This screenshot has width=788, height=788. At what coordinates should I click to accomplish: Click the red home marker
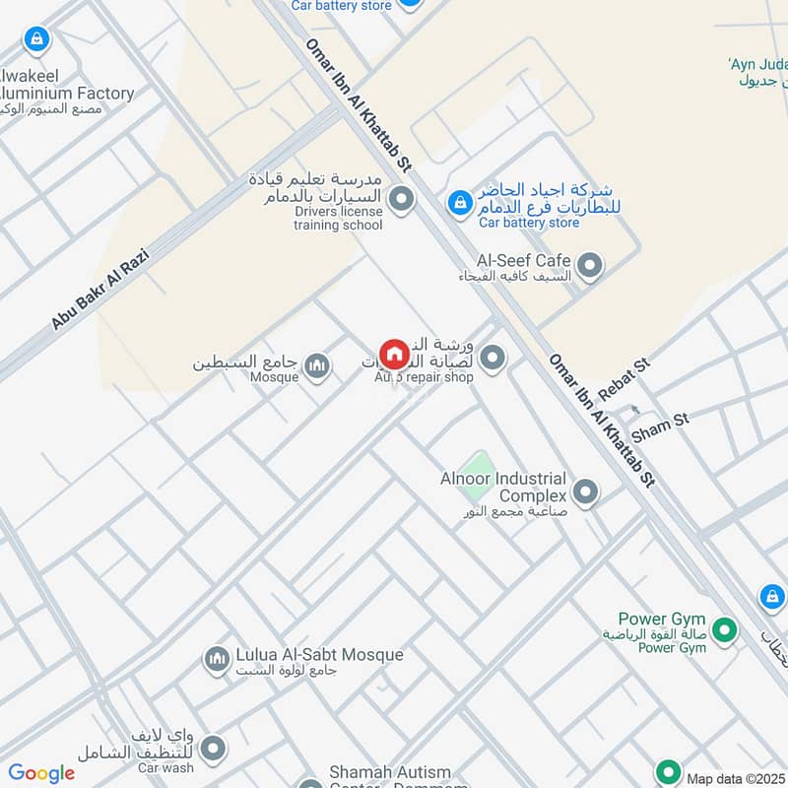click(393, 354)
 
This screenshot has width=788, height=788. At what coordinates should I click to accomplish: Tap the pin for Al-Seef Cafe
click(589, 265)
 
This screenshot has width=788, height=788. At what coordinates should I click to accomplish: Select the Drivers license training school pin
click(400, 201)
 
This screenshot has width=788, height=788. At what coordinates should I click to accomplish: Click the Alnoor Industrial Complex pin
click(585, 492)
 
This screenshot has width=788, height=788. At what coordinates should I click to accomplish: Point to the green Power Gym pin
click(725, 629)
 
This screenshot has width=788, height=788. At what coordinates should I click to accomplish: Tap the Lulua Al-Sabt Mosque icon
click(217, 659)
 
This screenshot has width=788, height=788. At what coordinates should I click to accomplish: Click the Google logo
click(41, 773)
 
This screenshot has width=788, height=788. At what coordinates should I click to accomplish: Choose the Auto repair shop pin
click(492, 359)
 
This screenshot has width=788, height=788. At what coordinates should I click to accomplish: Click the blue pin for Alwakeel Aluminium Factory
click(36, 40)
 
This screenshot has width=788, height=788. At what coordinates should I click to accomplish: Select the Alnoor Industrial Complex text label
click(503, 488)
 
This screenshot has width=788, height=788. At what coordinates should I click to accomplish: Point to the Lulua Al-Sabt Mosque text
click(319, 654)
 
